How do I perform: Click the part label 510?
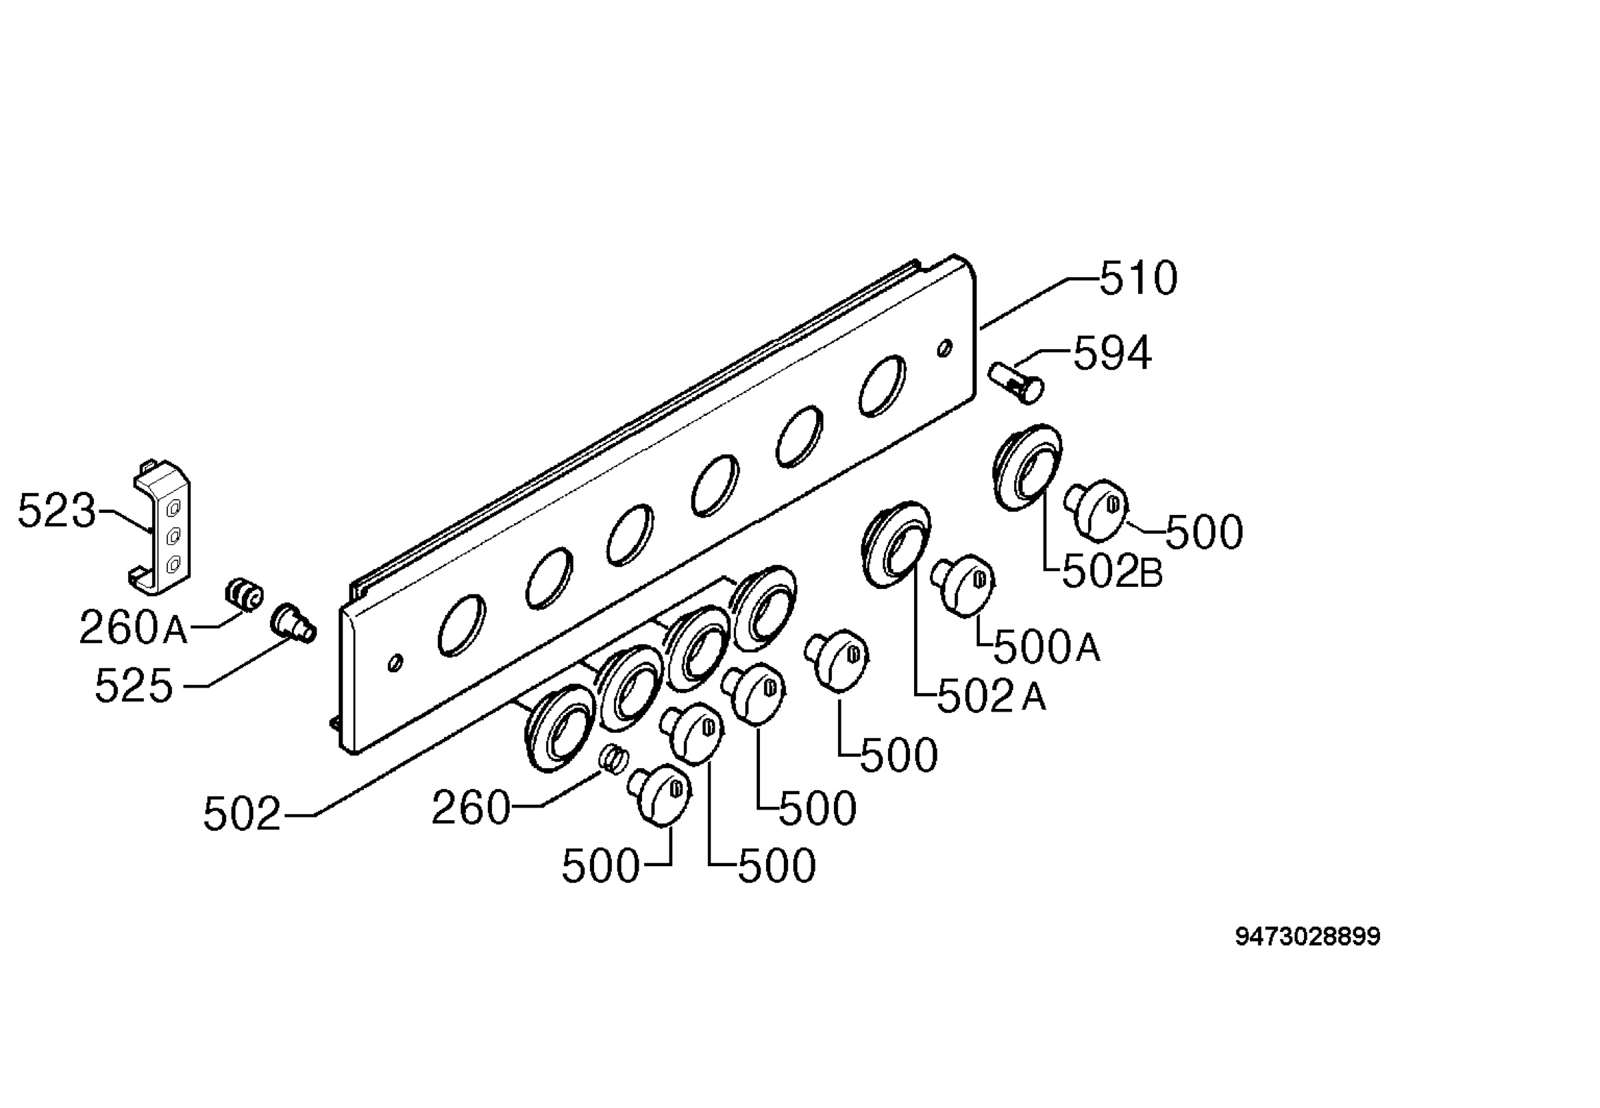click(x=1138, y=278)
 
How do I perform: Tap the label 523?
click(x=56, y=511)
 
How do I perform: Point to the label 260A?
click(x=133, y=627)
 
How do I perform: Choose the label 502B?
click(x=1113, y=573)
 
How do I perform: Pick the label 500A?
click(x=1047, y=647)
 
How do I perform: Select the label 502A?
click(x=991, y=696)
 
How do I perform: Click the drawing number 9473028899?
click(x=1307, y=937)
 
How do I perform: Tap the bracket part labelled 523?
click(x=161, y=528)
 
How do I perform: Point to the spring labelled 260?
click(x=614, y=758)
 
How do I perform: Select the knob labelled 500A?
click(x=964, y=584)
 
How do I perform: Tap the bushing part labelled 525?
click(x=293, y=623)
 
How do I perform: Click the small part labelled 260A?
click(x=244, y=595)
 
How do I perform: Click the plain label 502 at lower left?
click(x=241, y=814)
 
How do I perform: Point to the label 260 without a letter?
click(x=471, y=808)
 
